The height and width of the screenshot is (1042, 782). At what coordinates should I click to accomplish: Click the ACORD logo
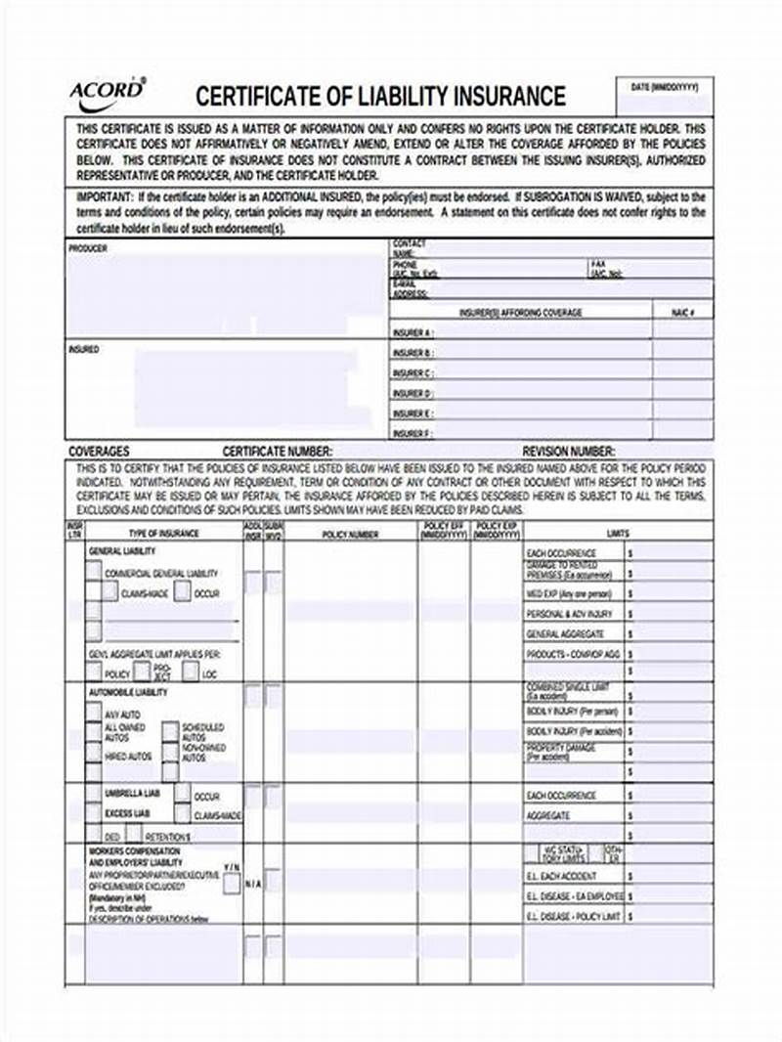pos(107,92)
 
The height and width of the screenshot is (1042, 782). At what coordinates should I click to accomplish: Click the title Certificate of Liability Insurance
pos(380,96)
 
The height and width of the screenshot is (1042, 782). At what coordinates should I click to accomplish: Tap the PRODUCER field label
pos(88,248)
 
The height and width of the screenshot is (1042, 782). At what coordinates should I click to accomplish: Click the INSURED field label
pos(83,349)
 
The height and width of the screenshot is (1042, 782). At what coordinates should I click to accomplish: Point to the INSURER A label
pos(413,332)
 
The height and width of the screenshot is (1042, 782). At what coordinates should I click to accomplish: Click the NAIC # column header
pos(682,313)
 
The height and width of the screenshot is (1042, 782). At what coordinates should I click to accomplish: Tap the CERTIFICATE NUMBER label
pos(278,452)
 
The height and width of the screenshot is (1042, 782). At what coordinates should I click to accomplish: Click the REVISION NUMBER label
pos(569,452)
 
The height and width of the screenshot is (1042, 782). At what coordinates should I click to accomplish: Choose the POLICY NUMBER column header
pos(350,535)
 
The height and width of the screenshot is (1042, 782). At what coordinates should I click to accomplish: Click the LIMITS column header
pos(618,534)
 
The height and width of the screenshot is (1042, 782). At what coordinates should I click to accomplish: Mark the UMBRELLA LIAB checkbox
pos(93,793)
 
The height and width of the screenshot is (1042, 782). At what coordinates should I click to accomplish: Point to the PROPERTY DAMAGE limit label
pos(560,752)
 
